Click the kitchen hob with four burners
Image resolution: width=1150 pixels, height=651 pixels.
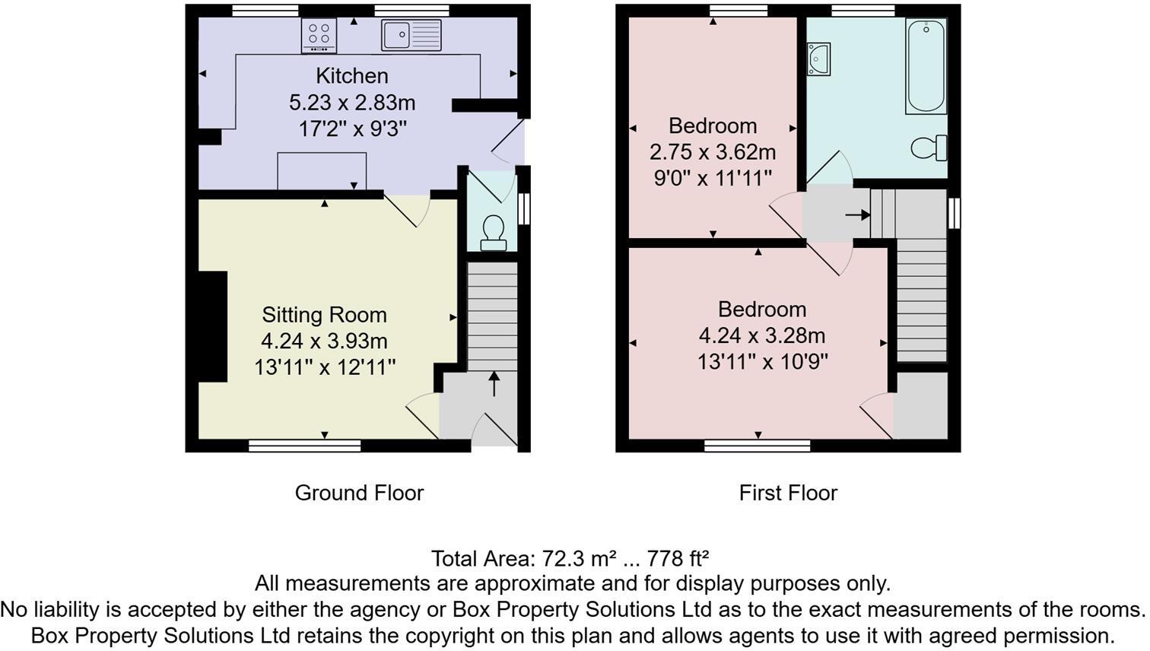coord(319,36)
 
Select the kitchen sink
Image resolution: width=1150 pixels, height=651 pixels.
coord(411,35)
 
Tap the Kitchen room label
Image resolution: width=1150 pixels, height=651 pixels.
coord(352,76)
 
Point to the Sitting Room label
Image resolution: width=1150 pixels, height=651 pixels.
coord(324,315)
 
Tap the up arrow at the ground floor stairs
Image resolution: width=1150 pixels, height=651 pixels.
coord(494,383)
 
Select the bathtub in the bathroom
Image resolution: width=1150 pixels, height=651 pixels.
coord(926,66)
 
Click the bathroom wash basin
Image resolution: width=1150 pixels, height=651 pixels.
coord(818,59)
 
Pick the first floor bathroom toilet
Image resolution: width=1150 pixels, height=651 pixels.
coord(929,148)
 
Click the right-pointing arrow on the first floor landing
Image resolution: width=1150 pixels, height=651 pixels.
coord(857,215)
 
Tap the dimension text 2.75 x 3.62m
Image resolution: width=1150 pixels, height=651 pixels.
coord(712,152)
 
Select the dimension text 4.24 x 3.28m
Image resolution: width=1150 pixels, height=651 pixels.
coord(761,335)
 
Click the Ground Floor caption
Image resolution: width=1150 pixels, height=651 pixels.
coord(359,493)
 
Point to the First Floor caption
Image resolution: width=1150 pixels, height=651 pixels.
coord(788,493)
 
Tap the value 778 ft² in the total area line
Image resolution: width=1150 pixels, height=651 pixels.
coord(678,559)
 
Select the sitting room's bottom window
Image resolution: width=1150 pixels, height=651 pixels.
coord(304,446)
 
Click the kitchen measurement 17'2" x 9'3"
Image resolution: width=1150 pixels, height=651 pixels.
coord(352,129)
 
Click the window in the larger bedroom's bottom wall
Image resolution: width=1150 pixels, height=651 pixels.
coord(757,446)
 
